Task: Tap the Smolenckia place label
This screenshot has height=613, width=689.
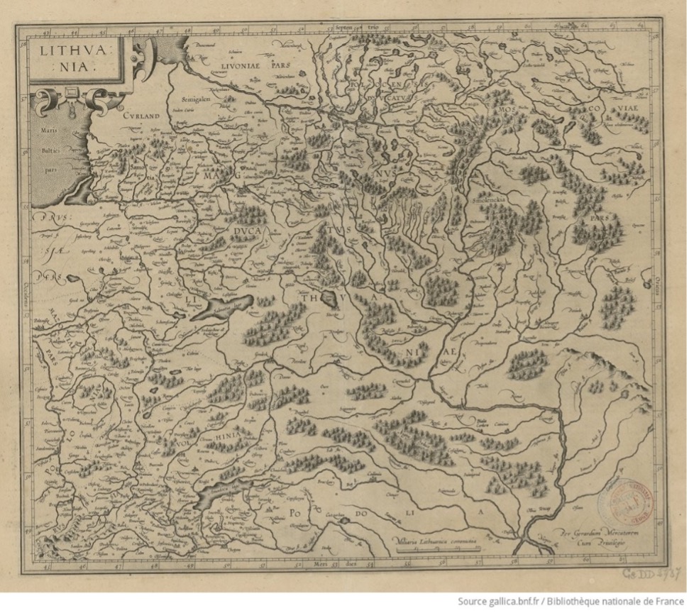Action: tap(490, 201)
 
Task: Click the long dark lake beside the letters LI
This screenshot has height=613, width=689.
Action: tap(226, 306)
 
